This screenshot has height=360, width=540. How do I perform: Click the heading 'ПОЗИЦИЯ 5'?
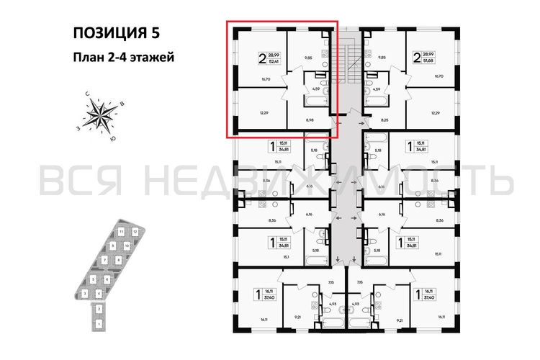[114, 32]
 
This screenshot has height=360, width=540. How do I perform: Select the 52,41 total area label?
[275, 60]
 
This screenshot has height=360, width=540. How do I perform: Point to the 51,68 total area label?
[430, 60]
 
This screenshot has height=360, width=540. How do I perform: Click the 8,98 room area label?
[310, 121]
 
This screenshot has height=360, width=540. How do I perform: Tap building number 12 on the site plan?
[135, 231]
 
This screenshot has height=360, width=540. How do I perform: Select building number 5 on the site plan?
[94, 279]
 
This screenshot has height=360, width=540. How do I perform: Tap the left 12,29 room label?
[244, 113]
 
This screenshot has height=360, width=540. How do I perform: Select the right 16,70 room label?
[436, 76]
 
